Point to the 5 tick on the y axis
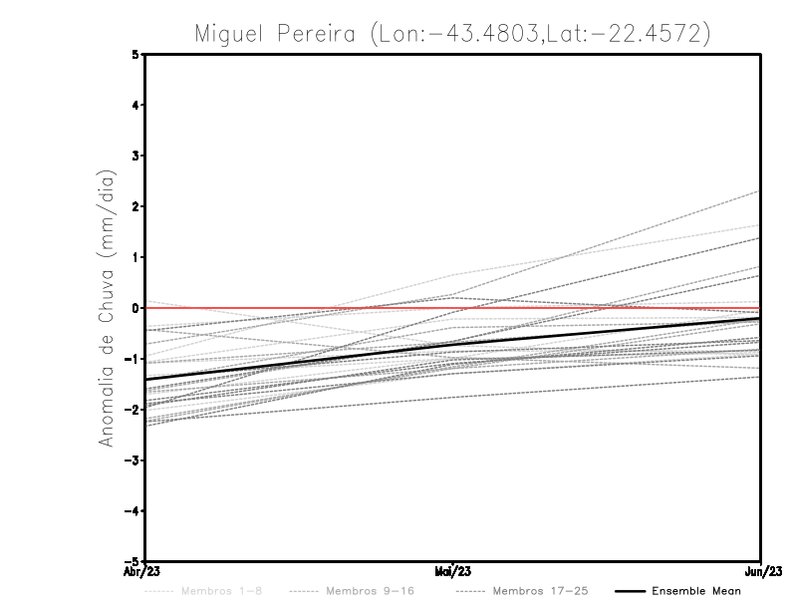tap(136, 54)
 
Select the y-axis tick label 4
tap(136, 105)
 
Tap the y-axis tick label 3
tap(136, 155)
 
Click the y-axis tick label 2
tap(136, 206)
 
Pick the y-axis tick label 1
tap(136, 257)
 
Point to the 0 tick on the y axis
tap(136, 308)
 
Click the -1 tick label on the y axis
tap(133, 359)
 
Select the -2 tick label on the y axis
tap(133, 410)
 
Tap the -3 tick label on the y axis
tap(133, 461)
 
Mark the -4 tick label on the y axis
tap(133, 510)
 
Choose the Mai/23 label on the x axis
tap(453, 572)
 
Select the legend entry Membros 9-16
tap(369, 591)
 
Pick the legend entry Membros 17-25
tap(540, 591)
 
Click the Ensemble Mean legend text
tap(696, 591)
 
